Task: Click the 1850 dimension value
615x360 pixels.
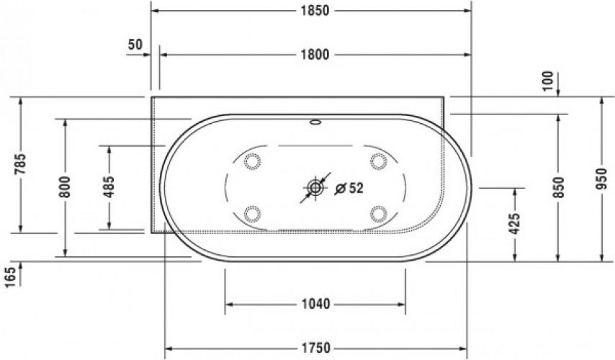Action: [315, 11]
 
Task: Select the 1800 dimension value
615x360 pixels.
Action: [315, 55]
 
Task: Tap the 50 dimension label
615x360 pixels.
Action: [135, 45]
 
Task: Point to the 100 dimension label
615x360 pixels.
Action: [548, 81]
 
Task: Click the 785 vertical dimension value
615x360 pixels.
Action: [20, 164]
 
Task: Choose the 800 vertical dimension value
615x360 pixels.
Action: [65, 186]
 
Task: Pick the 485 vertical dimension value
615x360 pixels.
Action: [109, 186]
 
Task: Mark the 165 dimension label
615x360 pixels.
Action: [11, 277]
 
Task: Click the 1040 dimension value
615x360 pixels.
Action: [315, 304]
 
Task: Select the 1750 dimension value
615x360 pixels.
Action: [315, 348]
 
